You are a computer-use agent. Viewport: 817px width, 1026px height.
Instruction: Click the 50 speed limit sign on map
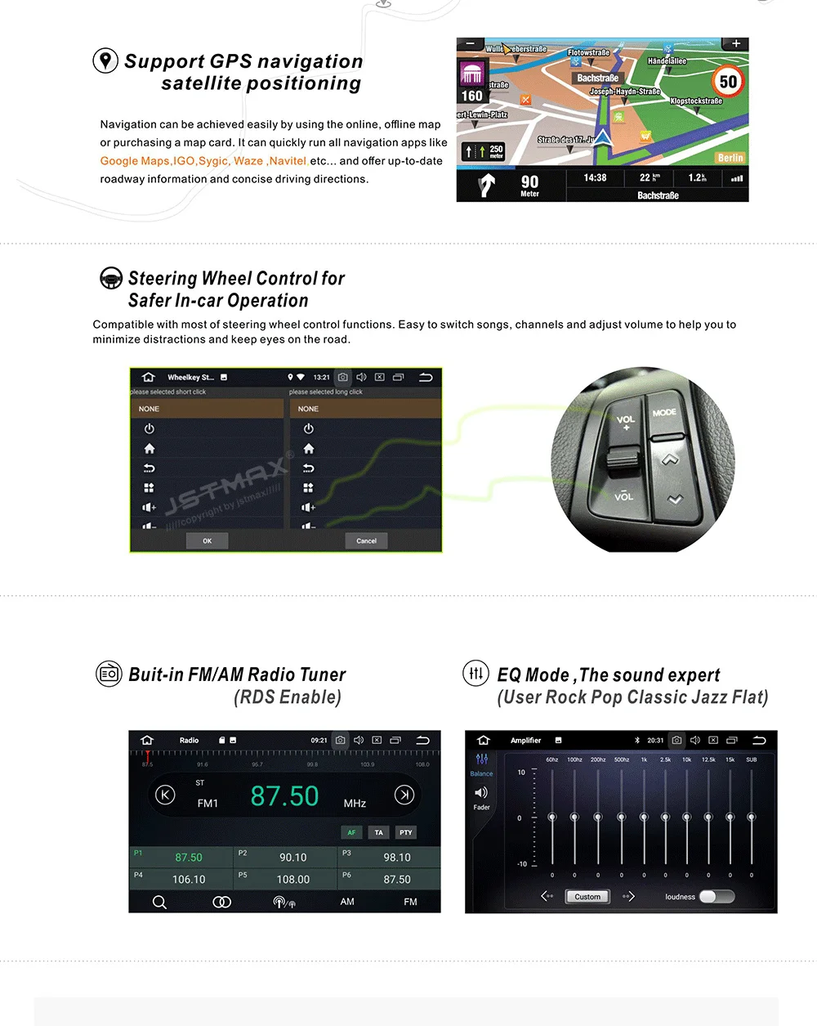(727, 82)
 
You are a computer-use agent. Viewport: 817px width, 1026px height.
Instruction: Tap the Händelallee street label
(667, 61)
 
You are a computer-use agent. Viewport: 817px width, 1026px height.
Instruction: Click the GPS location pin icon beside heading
(105, 61)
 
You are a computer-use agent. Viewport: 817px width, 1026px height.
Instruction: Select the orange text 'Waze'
(248, 161)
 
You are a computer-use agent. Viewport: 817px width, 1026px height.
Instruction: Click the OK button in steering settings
(207, 540)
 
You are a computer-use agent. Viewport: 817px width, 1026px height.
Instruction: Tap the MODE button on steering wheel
(664, 413)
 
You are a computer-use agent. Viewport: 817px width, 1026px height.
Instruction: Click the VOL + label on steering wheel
(625, 422)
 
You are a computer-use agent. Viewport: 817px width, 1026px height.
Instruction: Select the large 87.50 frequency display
(284, 796)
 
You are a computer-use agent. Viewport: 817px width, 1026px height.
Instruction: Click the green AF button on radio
(351, 832)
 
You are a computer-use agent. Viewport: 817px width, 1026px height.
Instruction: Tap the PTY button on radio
(405, 832)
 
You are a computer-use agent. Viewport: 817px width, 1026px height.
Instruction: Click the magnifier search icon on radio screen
(159, 902)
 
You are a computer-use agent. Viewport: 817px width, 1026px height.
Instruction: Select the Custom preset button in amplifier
(587, 897)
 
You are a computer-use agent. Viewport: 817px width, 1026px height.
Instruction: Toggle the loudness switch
(717, 897)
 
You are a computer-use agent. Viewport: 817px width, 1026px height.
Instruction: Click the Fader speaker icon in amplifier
(481, 793)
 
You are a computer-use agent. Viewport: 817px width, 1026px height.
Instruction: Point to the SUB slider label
(751, 759)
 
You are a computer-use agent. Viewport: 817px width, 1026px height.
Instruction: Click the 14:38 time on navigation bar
(595, 177)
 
